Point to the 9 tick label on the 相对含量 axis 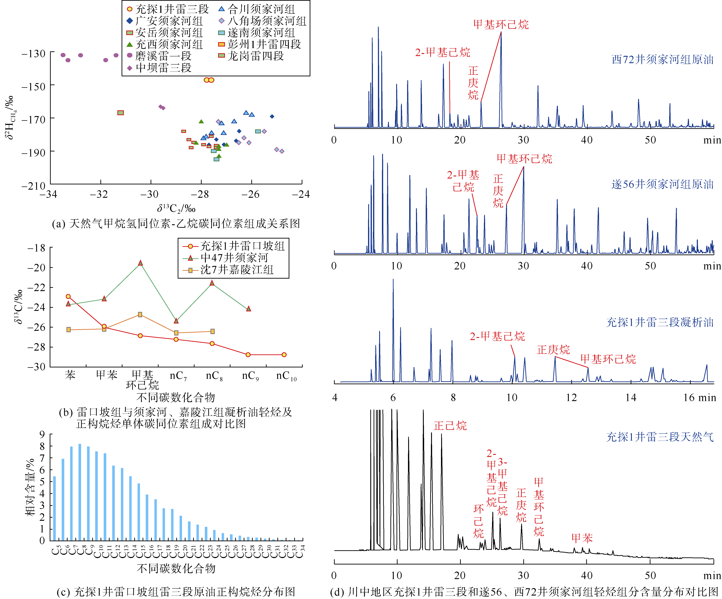42,435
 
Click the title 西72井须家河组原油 662,60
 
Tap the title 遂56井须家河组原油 662,184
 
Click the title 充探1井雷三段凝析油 659,322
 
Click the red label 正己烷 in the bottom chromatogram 450,426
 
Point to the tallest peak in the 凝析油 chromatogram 393,280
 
